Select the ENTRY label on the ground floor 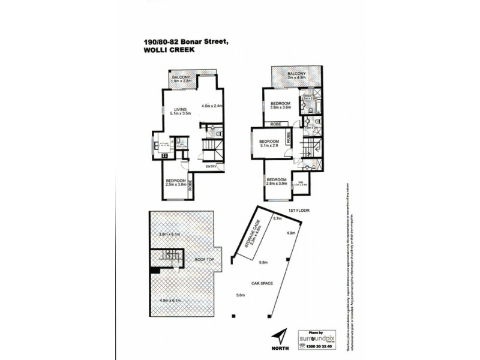[x=211, y=166]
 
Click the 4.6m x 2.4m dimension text [x=212, y=106]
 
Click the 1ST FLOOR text [x=298, y=211]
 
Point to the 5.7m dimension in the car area [x=278, y=219]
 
